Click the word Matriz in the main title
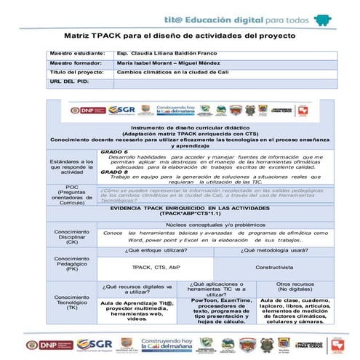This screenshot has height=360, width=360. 79,35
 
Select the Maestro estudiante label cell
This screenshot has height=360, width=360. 76,54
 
